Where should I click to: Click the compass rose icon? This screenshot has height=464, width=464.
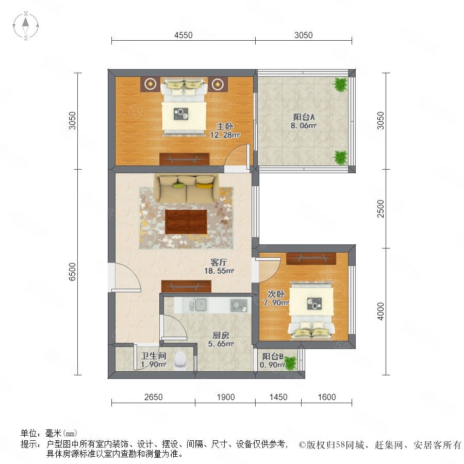click(x=26, y=25)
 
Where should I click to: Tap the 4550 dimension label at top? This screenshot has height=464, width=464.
click(x=184, y=35)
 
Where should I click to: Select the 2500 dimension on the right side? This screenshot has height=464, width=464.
click(x=380, y=209)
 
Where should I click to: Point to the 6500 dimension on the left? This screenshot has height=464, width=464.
click(x=72, y=272)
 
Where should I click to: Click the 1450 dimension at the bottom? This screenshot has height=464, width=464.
click(x=278, y=397)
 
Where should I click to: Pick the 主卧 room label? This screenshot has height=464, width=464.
click(x=225, y=127)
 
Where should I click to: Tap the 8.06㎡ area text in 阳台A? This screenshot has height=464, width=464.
click(x=304, y=125)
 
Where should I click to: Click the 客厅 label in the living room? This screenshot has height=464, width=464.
click(x=219, y=262)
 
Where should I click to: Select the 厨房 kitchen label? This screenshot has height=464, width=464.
click(x=221, y=335)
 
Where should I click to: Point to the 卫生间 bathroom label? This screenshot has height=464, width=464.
click(x=153, y=356)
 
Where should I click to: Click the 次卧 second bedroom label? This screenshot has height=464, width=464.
click(x=276, y=294)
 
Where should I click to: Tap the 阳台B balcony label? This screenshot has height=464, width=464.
click(x=273, y=357)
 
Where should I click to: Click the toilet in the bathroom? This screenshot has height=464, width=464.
click(x=180, y=360)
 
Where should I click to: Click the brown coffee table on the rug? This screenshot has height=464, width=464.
click(x=186, y=222)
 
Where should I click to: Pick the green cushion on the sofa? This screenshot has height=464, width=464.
click(x=178, y=186)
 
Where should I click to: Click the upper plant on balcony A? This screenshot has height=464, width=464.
click(x=340, y=85)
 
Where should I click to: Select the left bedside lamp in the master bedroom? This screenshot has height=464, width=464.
click(x=151, y=84)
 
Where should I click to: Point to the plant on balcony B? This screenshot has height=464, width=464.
click(x=291, y=363)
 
